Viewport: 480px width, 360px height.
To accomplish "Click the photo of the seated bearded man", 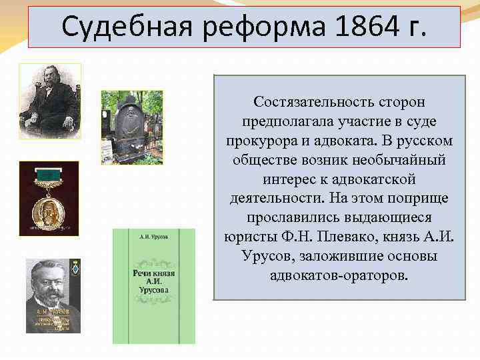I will tap(50, 101).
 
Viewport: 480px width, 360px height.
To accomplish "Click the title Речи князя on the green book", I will tap(153, 275).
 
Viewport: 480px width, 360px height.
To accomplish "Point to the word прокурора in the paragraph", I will tap(256, 142).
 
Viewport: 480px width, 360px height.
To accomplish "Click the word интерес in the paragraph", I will tap(288, 180).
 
